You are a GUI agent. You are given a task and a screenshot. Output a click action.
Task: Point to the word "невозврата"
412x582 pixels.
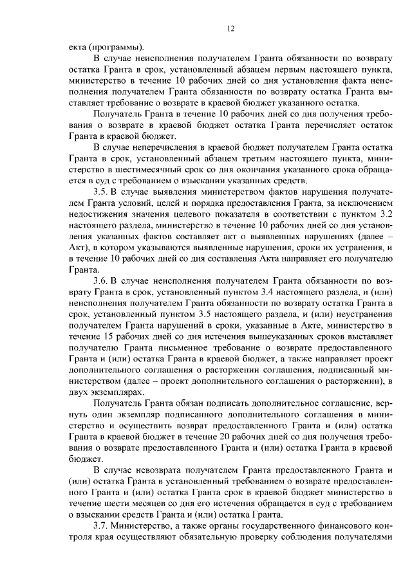click(161, 473)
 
